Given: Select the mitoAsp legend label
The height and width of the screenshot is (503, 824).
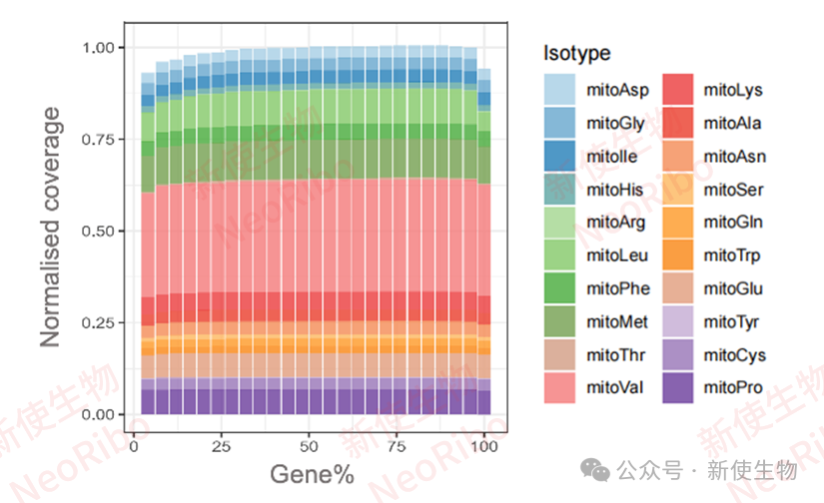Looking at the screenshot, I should [x=618, y=91].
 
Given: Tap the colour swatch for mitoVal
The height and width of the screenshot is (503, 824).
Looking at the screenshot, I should [x=560, y=386].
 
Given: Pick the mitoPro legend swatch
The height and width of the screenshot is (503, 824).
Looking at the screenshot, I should [x=678, y=386].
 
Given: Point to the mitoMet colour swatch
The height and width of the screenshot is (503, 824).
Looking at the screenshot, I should [x=560, y=320].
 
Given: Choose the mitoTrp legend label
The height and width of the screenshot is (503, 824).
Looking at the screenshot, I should [x=732, y=255].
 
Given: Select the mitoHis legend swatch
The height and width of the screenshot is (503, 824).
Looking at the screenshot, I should [x=560, y=189].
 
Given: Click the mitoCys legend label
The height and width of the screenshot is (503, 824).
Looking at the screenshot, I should [x=733, y=353].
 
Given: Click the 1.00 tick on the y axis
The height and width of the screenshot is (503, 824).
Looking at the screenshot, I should [x=104, y=48].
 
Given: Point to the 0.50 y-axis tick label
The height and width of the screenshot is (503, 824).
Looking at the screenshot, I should [x=104, y=231].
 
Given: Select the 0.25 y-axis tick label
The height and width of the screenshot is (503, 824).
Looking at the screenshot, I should [x=104, y=322].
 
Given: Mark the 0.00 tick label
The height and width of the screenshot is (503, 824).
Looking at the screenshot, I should [x=104, y=414].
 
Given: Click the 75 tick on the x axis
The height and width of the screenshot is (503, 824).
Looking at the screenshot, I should [x=397, y=444].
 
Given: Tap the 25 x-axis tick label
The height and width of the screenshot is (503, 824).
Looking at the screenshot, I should [x=222, y=444].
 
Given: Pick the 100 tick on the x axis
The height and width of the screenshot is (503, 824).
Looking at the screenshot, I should [x=484, y=444].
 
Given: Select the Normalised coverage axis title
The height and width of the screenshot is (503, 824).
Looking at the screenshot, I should [x=51, y=234].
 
